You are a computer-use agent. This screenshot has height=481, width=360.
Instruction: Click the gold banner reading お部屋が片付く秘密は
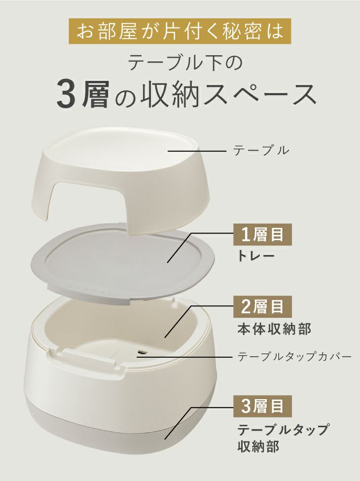[180, 31]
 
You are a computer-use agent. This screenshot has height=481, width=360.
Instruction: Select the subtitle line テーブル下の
[185, 62]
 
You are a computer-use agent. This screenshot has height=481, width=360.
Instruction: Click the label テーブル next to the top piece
[261, 150]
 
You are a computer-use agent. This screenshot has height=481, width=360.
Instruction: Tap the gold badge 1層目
[262, 235]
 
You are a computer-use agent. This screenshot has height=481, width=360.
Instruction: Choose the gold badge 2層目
[262, 307]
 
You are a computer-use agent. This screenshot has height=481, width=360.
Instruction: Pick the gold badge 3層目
[262, 406]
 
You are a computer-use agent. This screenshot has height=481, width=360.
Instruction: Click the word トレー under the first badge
[256, 256]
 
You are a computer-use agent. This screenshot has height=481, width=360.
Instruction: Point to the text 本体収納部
[274, 329]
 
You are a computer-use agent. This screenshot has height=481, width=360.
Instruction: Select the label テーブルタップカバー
[294, 357]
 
